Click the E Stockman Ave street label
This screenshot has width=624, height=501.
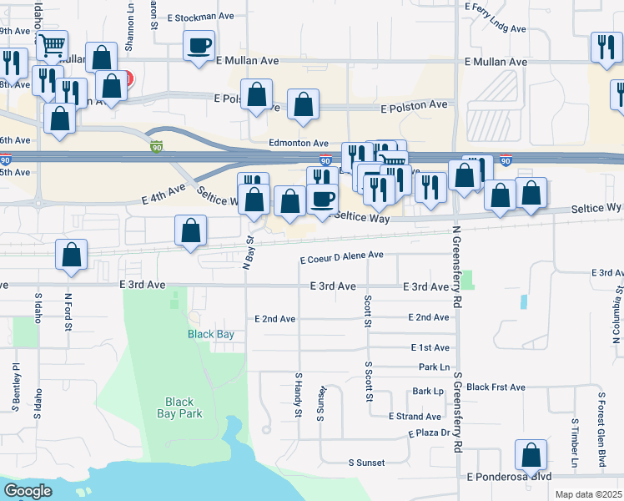pos(200,16)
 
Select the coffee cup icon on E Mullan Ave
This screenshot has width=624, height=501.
pos(200,47)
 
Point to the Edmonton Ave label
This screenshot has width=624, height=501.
pos(298,144)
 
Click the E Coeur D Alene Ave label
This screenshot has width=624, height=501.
pos(341,256)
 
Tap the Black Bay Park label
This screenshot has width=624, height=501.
pos(179,407)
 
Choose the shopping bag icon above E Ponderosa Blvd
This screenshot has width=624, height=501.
pos(531,456)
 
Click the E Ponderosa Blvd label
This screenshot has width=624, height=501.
pos(509,477)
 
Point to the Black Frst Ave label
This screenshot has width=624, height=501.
pos(496,387)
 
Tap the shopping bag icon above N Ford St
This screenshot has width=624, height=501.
pos(72,256)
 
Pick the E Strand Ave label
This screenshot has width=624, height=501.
pos(415,417)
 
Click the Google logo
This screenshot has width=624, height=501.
pos(28,491)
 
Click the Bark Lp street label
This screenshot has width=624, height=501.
pos(427,391)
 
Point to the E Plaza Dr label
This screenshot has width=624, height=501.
pos(429,433)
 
